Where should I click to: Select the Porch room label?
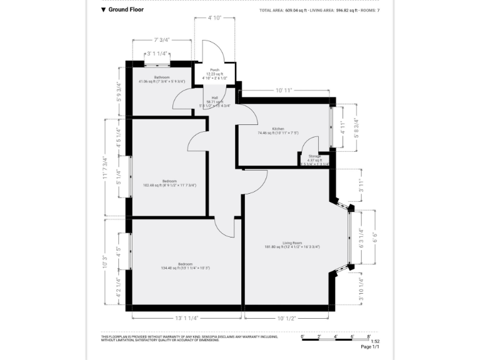214,70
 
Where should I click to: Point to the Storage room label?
314,157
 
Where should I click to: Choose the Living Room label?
292,243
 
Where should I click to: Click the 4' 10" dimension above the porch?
215,18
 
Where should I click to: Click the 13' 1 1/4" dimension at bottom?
186,318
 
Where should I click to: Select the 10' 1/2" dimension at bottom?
286,318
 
